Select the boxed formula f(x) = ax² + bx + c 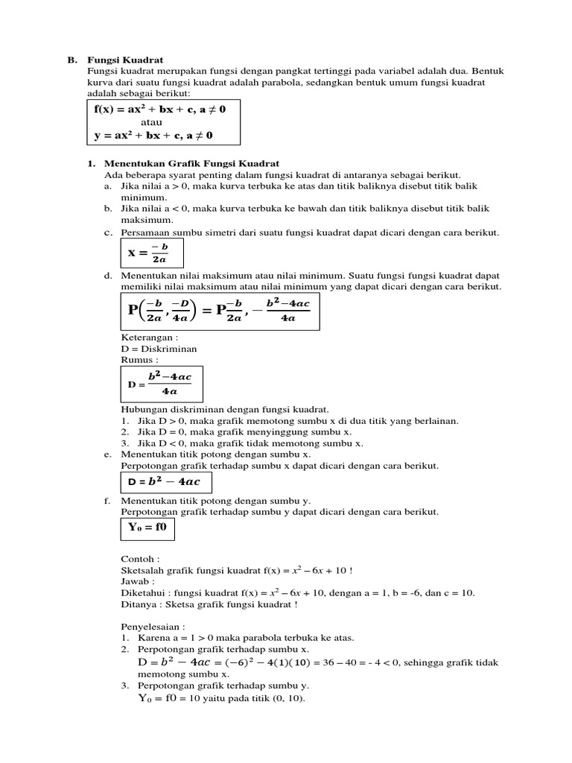(159, 110)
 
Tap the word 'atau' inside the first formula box (151, 122)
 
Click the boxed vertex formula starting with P (220, 311)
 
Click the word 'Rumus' (139, 359)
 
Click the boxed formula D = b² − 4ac (166, 481)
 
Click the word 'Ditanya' (137, 604)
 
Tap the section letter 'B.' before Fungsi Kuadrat (72, 59)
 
